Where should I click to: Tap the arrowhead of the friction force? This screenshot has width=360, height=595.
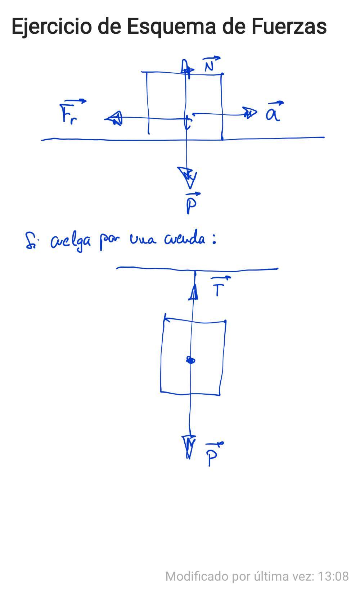click(114, 118)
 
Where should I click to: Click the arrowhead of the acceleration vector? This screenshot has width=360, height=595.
click(250, 114)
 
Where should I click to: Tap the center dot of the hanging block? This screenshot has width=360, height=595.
click(190, 360)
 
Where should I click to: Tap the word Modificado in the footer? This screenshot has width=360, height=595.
click(197, 576)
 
